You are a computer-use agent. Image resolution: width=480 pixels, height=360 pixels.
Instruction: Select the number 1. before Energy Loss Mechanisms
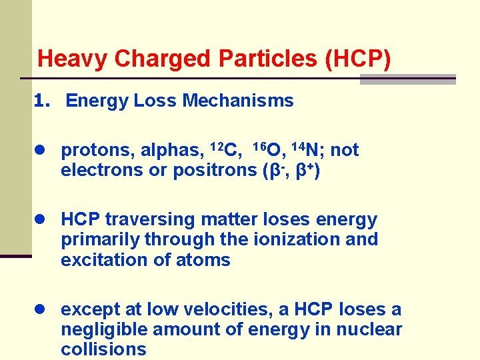click(x=43, y=101)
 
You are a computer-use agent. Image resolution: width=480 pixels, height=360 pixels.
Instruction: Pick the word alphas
click(x=169, y=151)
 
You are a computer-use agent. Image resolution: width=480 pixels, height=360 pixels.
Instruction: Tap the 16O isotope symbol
click(x=269, y=149)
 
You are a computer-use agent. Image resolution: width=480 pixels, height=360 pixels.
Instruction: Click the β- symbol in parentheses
click(x=275, y=170)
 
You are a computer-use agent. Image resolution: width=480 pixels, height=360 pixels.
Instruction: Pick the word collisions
click(x=103, y=349)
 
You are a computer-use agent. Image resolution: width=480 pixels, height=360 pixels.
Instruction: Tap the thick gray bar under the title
click(x=407, y=79)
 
